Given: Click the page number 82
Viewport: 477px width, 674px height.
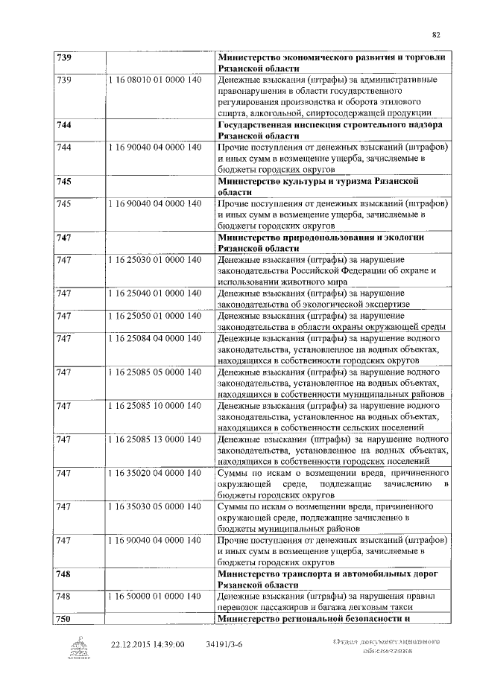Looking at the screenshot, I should (x=436, y=34).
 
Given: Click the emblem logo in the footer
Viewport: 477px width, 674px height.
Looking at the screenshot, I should (x=78, y=648).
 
